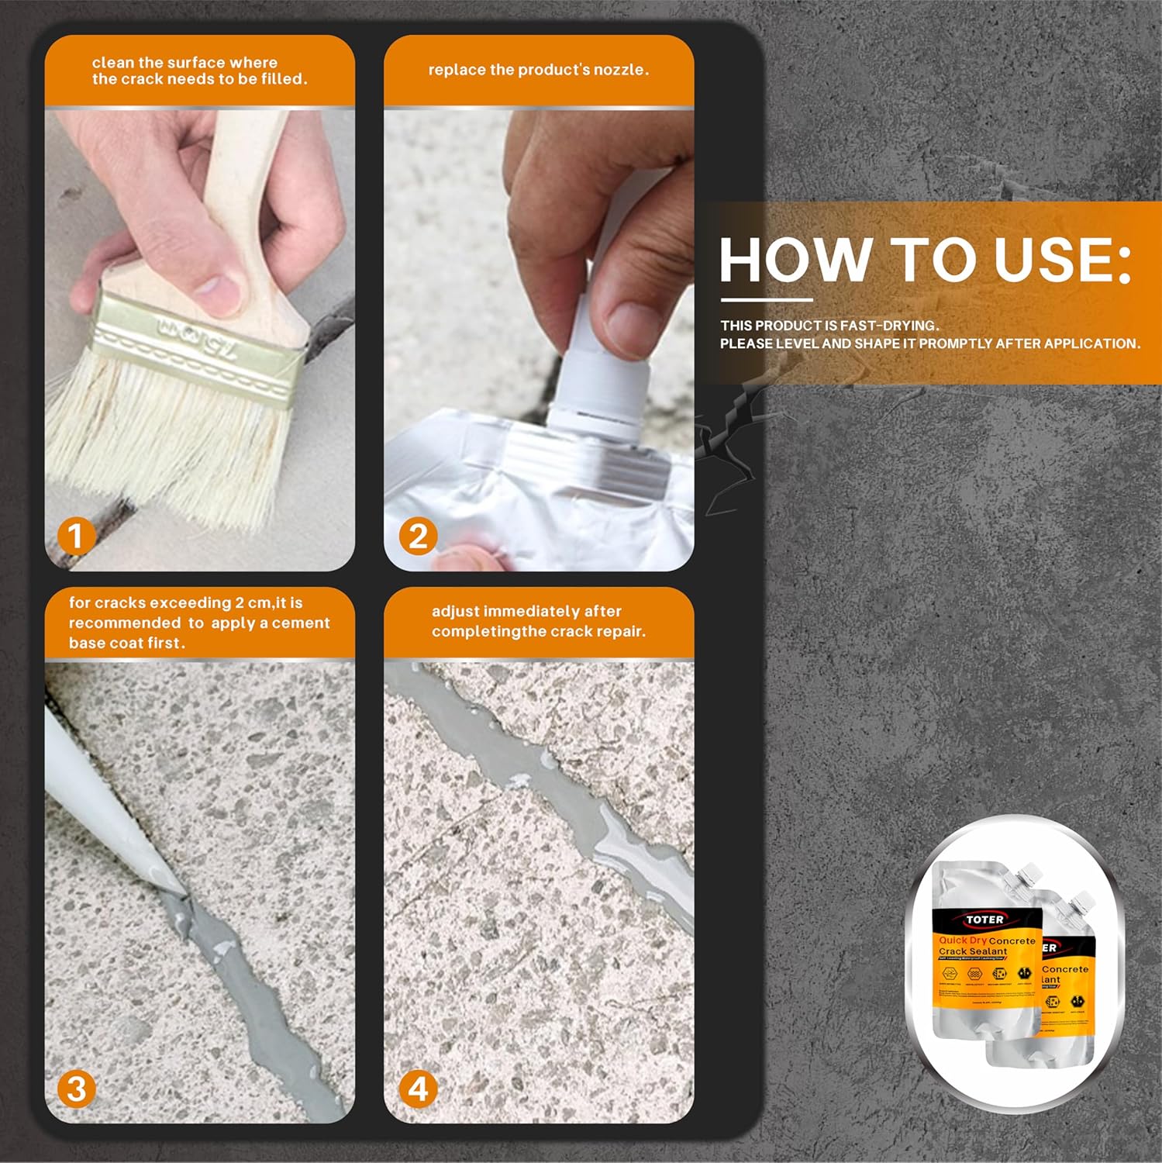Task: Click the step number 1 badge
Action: [75, 537]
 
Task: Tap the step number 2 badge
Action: [418, 537]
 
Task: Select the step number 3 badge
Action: [76, 1089]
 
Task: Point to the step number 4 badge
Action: [418, 1089]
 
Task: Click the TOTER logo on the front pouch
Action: [985, 920]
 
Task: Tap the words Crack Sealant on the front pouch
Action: [973, 951]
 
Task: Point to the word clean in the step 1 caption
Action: [113, 62]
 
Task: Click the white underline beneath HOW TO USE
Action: [766, 299]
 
